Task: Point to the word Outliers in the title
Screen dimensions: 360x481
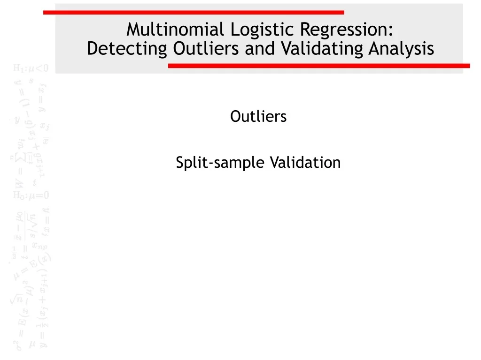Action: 206,49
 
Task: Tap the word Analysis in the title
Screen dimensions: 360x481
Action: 401,49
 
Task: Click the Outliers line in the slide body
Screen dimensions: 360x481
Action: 258,116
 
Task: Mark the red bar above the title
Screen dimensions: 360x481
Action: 194,12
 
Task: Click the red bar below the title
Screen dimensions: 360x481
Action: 319,66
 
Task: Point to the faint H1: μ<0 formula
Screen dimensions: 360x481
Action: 31,68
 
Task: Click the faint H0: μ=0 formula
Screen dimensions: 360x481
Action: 31,195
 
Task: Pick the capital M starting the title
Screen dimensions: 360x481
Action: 134,30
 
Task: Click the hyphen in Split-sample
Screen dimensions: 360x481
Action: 212,164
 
